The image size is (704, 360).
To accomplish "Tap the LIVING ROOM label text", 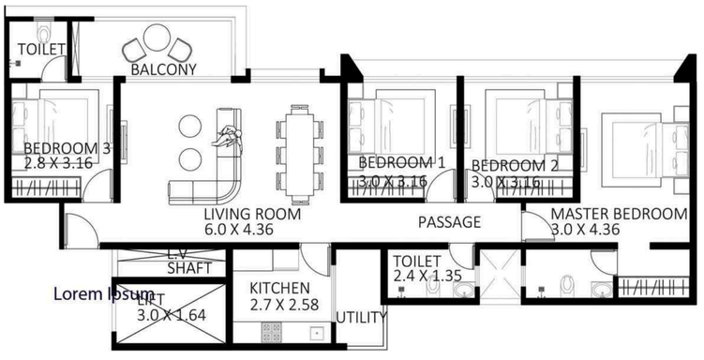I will (x=252, y=214).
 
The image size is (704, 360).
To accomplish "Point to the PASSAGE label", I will (x=449, y=222).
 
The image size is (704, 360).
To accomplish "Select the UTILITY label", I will (x=361, y=317).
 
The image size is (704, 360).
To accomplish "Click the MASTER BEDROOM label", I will (x=619, y=214).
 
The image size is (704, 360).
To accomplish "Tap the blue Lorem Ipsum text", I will (x=103, y=294).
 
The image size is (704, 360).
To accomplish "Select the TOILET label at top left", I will (x=40, y=48).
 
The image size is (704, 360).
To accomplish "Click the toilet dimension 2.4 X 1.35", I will (x=427, y=277).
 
